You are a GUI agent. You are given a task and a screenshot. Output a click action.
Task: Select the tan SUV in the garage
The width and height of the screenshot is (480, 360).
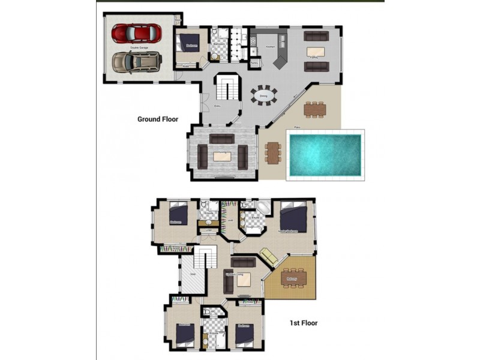click(x=137, y=62)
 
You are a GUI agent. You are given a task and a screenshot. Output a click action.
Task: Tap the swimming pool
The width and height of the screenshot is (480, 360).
click(x=325, y=155)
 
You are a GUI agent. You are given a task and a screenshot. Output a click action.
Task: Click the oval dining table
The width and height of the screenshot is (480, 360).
click(x=264, y=95)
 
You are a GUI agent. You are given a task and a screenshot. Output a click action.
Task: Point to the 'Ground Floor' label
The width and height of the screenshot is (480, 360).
click(x=158, y=119)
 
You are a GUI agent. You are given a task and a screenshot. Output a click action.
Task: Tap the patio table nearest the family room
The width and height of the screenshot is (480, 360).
click(x=314, y=109)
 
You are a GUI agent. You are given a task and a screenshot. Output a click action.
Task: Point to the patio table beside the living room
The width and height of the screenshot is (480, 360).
click(x=273, y=152)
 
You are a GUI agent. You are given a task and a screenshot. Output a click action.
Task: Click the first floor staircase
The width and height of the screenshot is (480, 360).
click(x=207, y=260)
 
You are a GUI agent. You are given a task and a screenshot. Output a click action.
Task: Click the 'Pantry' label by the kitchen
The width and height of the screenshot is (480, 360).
click(x=254, y=62)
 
